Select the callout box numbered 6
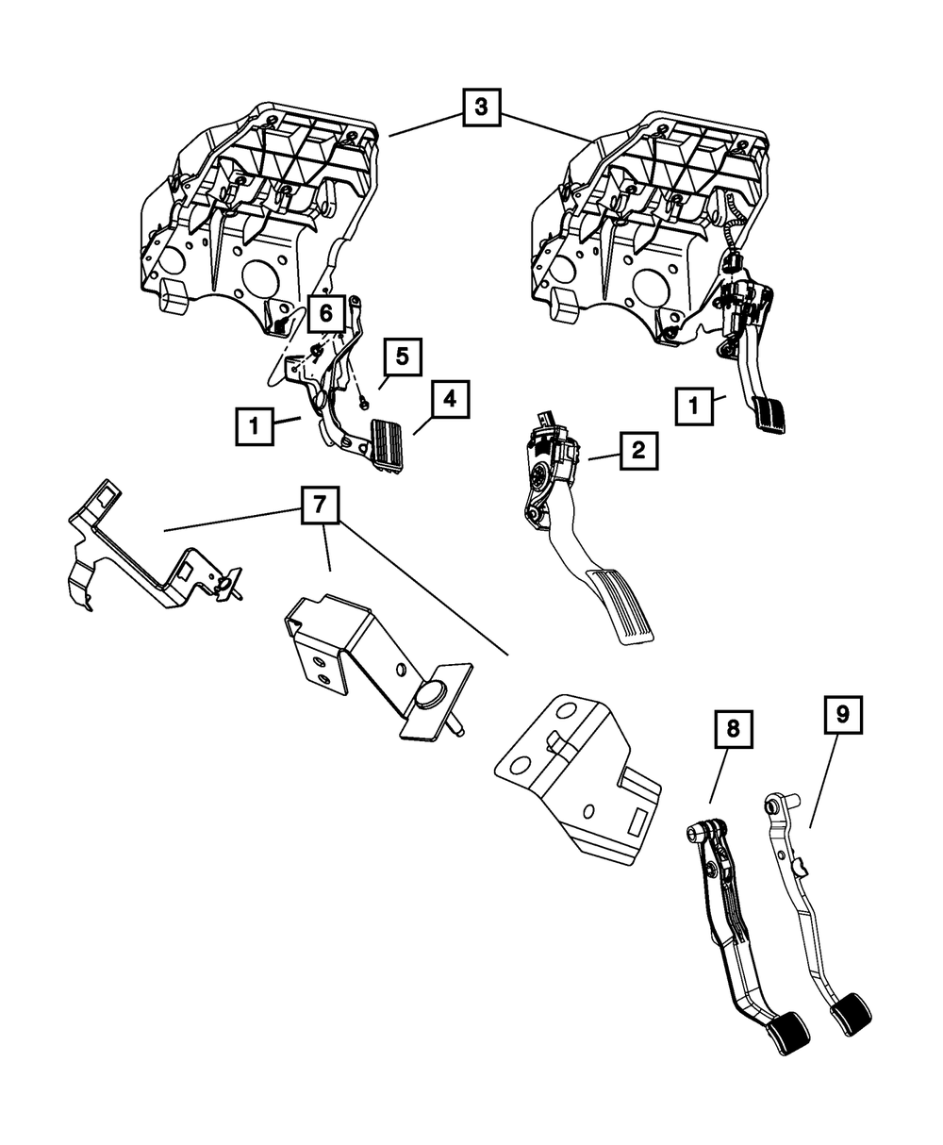point(325,311)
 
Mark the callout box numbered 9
point(842,715)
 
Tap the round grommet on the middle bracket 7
point(431,694)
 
